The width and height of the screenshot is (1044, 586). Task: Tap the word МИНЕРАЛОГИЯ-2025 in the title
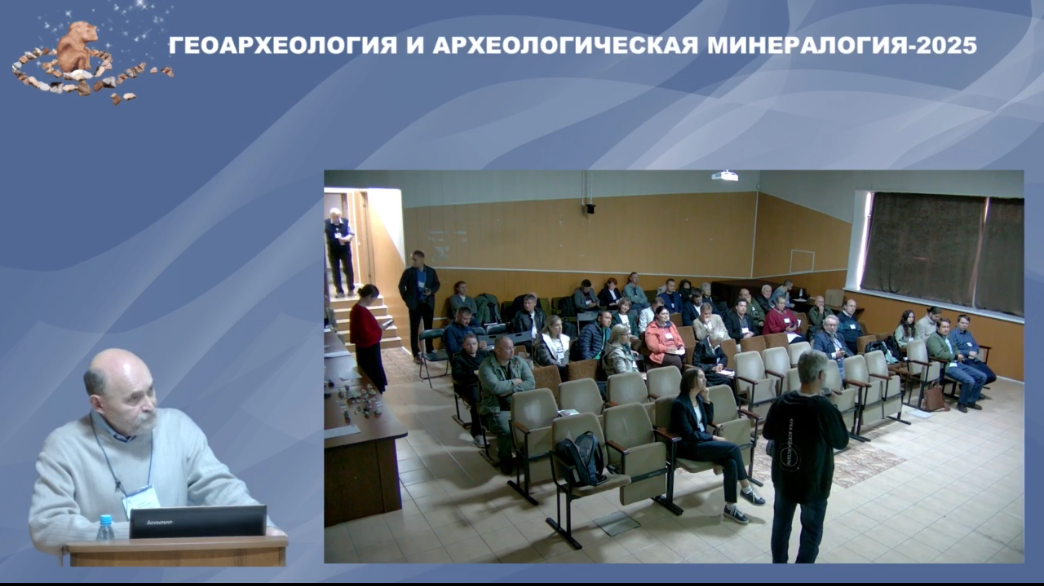(842, 46)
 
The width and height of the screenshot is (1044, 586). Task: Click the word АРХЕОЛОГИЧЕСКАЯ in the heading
(565, 46)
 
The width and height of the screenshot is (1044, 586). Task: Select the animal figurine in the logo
(76, 47)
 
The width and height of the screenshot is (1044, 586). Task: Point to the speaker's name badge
(141, 500)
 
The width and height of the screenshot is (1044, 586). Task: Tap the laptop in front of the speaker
(198, 521)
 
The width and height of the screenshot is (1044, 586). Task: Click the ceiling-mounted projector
(724, 176)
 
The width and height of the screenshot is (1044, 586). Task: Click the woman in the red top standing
(368, 337)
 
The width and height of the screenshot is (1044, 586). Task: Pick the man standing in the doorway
(340, 252)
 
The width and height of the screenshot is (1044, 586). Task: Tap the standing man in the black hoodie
(803, 457)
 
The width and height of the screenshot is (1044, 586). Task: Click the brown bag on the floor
(933, 398)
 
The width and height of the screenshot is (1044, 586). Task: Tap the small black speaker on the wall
(590, 208)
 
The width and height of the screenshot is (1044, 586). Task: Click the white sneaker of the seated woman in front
(736, 515)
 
